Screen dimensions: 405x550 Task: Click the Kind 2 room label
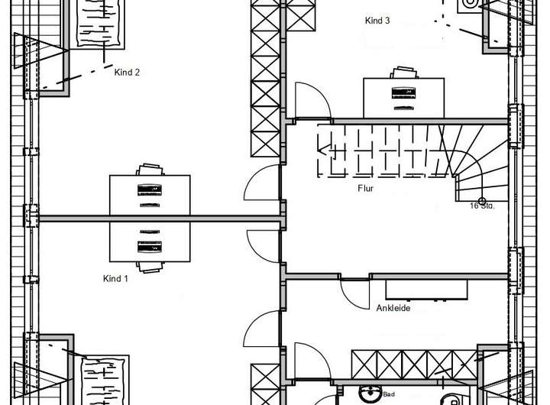coord(127,73)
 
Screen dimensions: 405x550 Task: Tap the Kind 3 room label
coord(377,21)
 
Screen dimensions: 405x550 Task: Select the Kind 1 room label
coord(115,279)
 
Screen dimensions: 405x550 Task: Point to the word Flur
coord(366,187)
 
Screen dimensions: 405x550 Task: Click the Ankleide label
coord(393,308)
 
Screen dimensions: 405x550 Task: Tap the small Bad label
coord(390,396)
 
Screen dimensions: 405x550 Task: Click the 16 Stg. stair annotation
coord(482,206)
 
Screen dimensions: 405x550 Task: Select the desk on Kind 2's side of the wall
coord(149,196)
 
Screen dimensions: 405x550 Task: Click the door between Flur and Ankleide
coord(353,290)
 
